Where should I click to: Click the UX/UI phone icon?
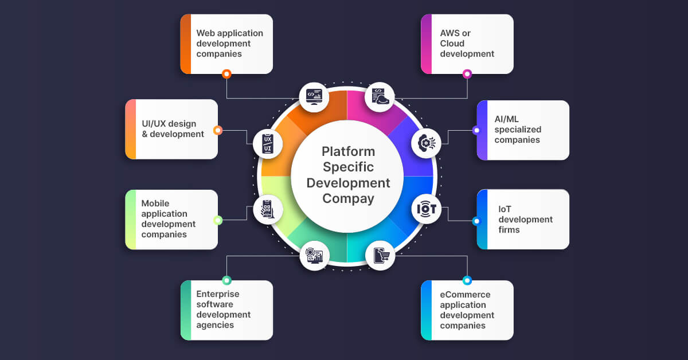[x=268, y=143]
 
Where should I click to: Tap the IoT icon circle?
[x=427, y=209]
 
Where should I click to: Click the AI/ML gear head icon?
[x=427, y=143]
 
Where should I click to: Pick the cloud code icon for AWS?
[x=380, y=97]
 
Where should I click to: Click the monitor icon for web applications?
[x=314, y=97]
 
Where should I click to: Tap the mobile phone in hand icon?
[x=268, y=209]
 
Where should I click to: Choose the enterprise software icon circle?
[x=314, y=255]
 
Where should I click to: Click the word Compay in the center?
[x=348, y=199]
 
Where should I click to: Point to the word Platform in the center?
[x=348, y=152]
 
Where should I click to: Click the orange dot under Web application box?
[x=226, y=74]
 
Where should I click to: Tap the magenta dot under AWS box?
[x=467, y=74]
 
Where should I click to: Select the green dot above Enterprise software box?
[x=226, y=280]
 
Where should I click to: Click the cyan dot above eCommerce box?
[x=467, y=280]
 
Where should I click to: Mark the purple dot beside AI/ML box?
[x=476, y=130]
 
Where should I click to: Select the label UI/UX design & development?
[x=173, y=129]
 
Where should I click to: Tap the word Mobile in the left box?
[x=155, y=204]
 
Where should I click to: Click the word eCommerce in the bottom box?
[x=466, y=295]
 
